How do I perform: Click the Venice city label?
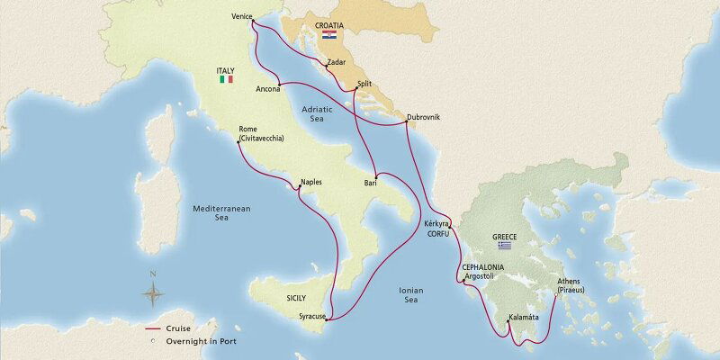click(241, 16)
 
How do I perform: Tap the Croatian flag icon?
click(329, 35)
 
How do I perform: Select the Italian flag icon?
click(225, 79)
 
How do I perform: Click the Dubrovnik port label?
click(423, 117)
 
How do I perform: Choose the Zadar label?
click(337, 62)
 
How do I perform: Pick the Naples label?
click(310, 183)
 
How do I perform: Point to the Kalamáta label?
click(523, 317)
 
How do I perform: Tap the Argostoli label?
click(479, 276)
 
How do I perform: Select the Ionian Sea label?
click(410, 294)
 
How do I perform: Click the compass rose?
click(154, 292)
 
